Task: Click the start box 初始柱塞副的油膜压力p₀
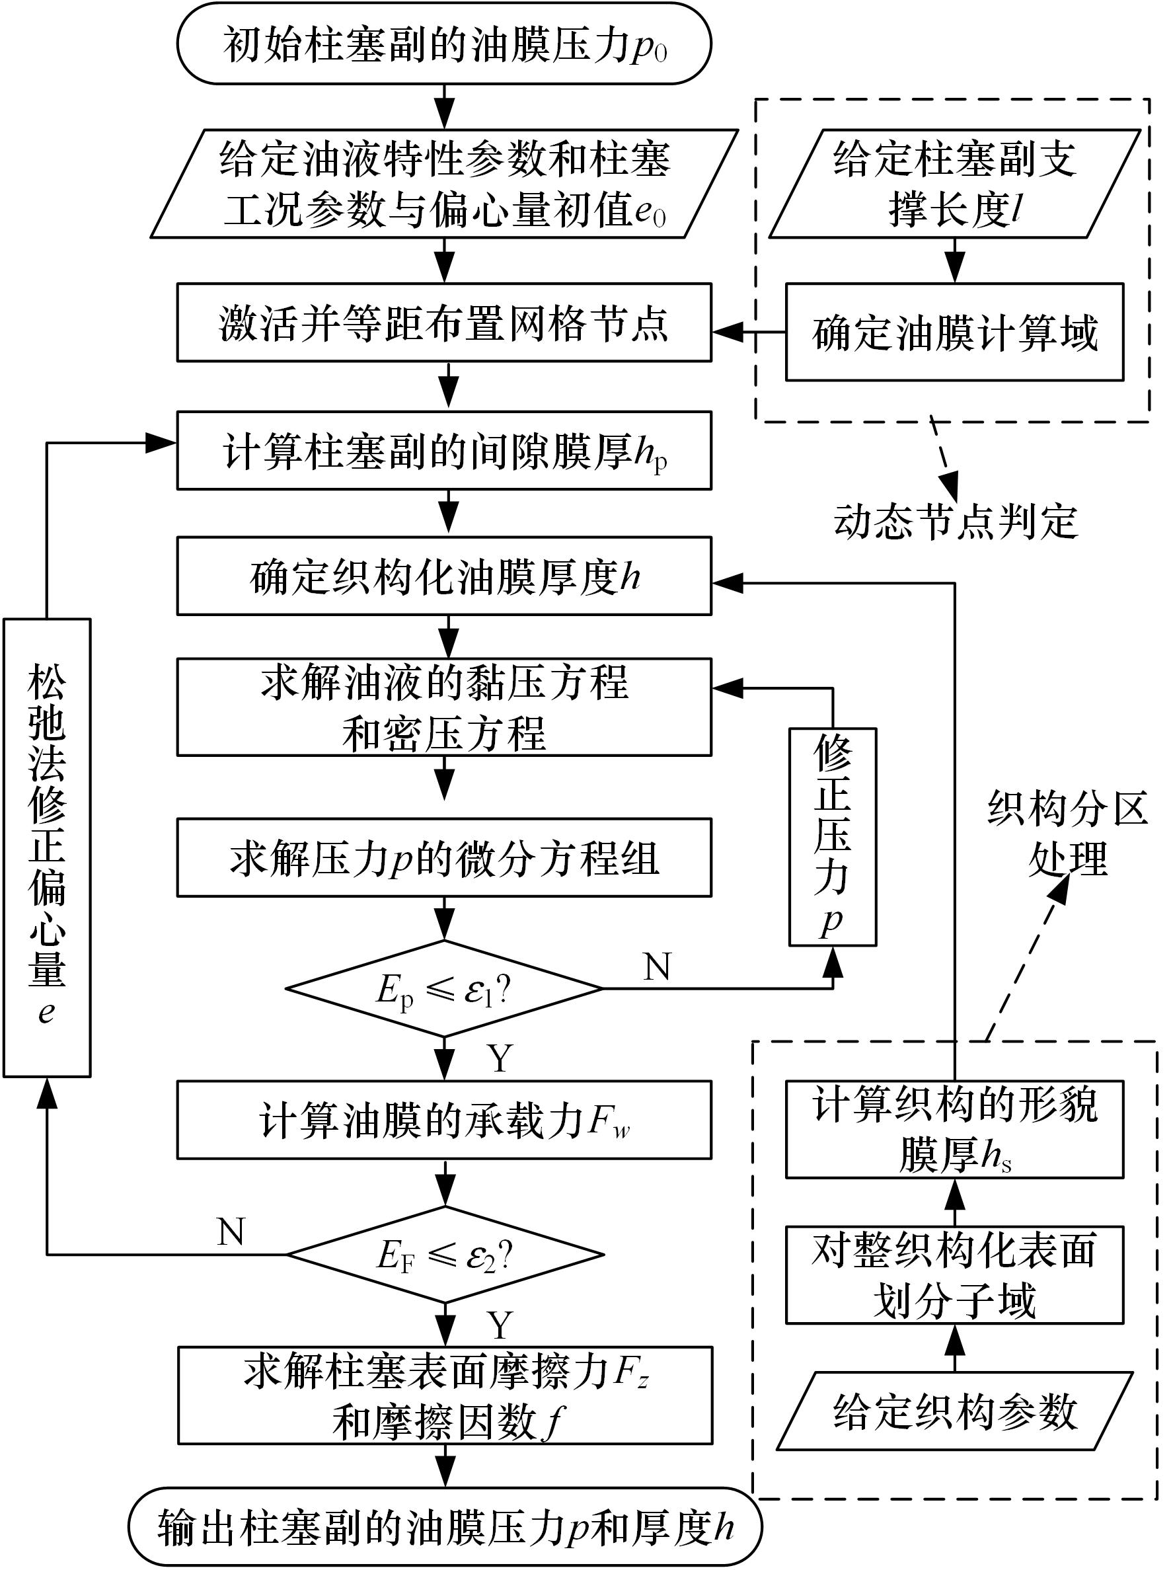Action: (443, 44)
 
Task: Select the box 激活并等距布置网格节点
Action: (443, 323)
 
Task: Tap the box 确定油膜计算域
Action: (954, 332)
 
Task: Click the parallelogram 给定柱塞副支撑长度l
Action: (954, 183)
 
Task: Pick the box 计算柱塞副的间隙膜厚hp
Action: (443, 451)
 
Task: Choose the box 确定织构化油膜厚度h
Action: (443, 576)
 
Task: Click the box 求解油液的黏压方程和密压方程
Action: (443, 707)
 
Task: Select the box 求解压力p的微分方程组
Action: (443, 857)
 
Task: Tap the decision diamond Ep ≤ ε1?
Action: (443, 989)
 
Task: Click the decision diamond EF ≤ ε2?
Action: (445, 1255)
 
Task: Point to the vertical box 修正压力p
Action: (833, 837)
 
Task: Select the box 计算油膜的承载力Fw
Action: (443, 1120)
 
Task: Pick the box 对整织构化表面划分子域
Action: (954, 1275)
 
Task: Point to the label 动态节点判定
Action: (955, 522)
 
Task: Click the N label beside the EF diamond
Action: (231, 1232)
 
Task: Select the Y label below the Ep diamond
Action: (500, 1058)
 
